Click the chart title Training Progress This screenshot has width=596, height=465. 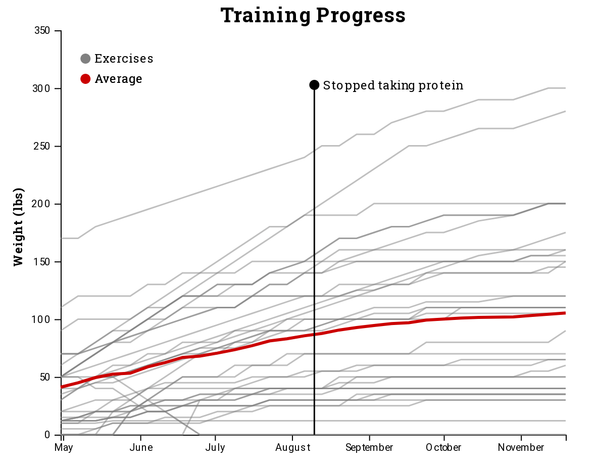point(313,15)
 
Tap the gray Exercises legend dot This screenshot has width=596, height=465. point(85,59)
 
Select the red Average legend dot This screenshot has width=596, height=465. point(85,79)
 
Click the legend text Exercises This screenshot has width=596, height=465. point(124,59)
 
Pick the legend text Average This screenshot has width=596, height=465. point(118,79)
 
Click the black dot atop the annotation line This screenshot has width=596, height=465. point(314,85)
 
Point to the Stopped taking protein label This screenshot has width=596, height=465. point(393,85)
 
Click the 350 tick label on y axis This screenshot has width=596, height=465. point(42,31)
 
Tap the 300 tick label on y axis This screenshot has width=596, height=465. point(42,88)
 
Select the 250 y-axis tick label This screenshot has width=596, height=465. point(42,147)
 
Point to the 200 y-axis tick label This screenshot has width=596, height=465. point(42,204)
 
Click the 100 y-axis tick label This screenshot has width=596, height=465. point(42,319)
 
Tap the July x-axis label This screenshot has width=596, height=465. point(215,448)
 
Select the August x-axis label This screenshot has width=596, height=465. point(292,448)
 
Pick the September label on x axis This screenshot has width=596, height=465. point(369,448)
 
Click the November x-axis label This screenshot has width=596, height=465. point(521,448)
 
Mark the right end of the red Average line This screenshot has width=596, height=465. point(565,313)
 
